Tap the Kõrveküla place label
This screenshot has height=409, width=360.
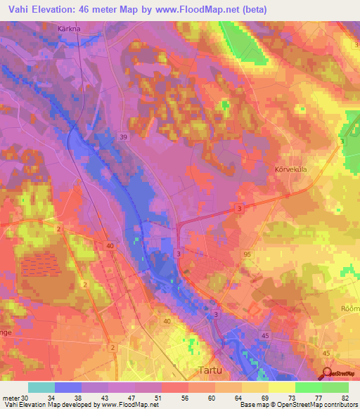click(288, 169)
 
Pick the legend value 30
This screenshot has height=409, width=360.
click(25, 398)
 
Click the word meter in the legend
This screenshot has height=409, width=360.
click(11, 398)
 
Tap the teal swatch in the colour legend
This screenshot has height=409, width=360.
click(41, 387)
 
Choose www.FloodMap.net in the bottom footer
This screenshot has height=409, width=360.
click(127, 405)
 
